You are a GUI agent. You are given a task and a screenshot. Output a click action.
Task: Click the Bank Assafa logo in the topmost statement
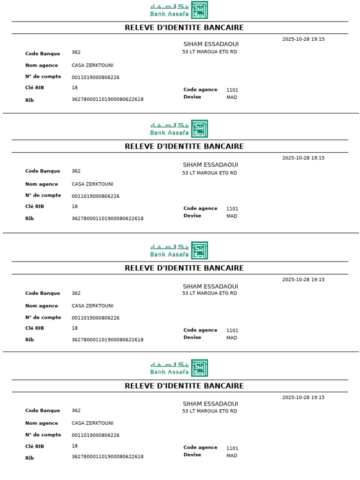point(179,10)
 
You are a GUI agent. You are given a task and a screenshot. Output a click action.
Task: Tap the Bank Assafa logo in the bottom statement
point(179,368)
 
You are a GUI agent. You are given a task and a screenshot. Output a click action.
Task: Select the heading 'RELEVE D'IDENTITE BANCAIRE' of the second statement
point(184,146)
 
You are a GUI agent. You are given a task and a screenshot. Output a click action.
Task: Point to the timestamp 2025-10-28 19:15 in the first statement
point(303,39)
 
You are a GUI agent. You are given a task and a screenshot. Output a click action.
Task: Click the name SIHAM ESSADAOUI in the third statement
point(210,286)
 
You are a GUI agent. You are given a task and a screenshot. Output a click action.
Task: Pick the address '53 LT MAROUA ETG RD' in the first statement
point(210,52)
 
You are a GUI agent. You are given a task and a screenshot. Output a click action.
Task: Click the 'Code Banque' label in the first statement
point(43,54)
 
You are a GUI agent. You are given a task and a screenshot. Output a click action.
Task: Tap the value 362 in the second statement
point(76,171)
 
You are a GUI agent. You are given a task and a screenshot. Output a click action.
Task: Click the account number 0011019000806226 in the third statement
point(96,318)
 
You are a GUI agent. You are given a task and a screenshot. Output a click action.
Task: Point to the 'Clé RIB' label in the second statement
point(35,206)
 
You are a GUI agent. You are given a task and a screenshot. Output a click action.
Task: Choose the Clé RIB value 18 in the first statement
point(75,88)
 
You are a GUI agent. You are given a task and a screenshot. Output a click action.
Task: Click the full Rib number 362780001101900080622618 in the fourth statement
point(107,457)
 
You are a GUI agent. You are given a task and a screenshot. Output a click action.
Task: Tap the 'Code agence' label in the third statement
point(200,330)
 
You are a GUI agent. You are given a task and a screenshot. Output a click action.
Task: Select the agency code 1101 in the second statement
point(232,209)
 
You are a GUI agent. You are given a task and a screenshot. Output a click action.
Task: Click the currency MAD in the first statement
point(232,97)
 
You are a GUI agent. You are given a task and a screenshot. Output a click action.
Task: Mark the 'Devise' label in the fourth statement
point(192,455)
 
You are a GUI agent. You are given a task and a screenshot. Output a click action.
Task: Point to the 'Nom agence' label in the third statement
point(42,306)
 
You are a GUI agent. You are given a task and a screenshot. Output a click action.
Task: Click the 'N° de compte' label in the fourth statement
point(43,435)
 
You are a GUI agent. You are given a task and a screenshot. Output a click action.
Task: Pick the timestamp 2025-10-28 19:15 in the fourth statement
point(303,397)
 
